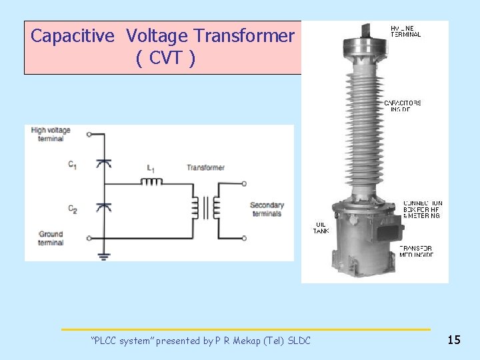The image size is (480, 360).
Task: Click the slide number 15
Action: [x=454, y=340]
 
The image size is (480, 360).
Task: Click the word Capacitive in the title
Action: [x=75, y=36]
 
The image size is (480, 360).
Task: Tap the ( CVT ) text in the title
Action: [x=165, y=59]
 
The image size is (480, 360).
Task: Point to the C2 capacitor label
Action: [x=73, y=209]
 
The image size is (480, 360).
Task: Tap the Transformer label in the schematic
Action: [x=205, y=167]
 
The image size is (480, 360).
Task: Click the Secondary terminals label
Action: [x=267, y=209]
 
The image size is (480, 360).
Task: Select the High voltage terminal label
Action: [x=51, y=134]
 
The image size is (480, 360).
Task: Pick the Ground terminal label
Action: [x=51, y=238]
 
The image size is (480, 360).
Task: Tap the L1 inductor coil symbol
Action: [x=155, y=181]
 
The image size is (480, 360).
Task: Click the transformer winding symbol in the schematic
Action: [x=207, y=207]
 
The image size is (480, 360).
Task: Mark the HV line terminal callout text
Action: [x=405, y=31]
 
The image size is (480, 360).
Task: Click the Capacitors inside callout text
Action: [x=402, y=106]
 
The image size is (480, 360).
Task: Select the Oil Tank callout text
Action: [x=321, y=227]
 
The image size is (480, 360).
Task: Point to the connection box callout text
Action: [x=421, y=209]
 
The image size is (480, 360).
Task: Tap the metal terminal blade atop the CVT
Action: [x=365, y=29]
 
